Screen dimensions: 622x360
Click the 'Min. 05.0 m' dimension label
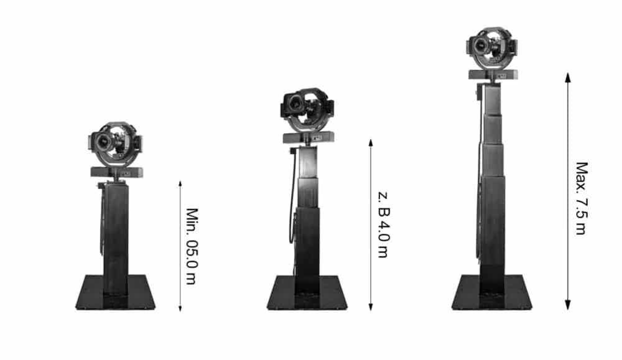point(192,246)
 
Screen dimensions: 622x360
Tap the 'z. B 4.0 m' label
point(383,225)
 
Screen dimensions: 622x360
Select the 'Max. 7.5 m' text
point(581,198)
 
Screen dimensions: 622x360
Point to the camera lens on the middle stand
point(295,104)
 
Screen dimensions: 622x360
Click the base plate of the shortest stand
point(116,292)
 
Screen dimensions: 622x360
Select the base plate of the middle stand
point(307,293)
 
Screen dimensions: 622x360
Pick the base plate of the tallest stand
point(492,292)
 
